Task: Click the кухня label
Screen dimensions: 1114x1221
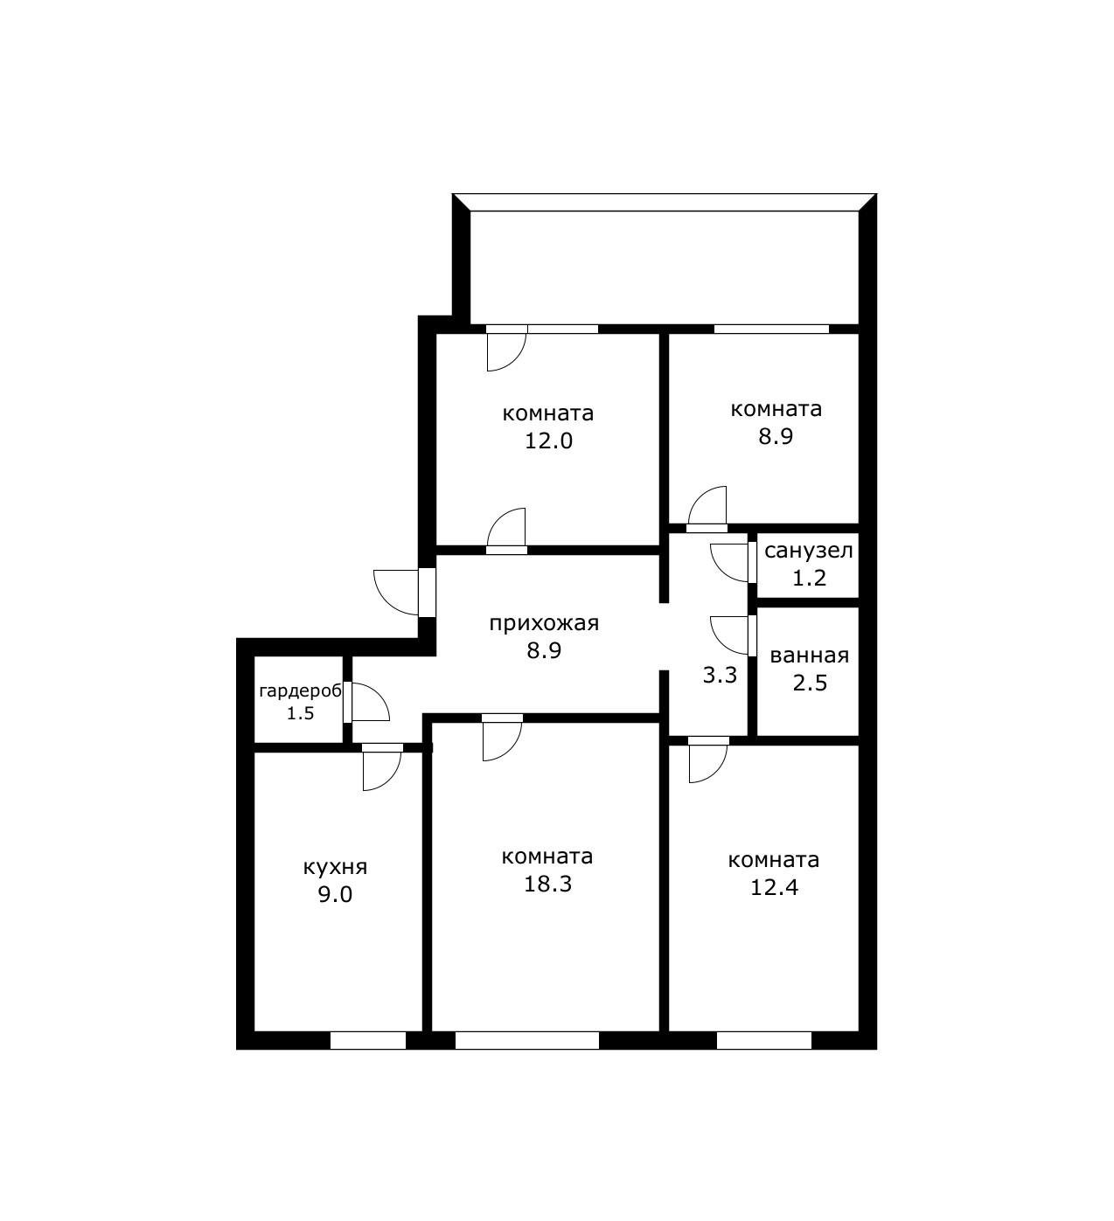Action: [335, 867]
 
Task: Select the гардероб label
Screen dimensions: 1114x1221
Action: [300, 691]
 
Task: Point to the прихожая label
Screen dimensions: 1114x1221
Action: [544, 624]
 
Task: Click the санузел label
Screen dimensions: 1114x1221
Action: [808, 551]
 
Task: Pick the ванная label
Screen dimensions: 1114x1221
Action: [810, 656]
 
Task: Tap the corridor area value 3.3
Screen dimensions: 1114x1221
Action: [720, 675]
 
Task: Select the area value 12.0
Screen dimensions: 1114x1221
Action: [549, 441]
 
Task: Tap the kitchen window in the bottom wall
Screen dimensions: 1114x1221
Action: [368, 1041]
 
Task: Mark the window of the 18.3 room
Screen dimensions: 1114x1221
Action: [527, 1041]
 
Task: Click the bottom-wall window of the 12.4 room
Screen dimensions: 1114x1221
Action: [763, 1041]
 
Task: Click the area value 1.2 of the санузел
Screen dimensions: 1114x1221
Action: [809, 578]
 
